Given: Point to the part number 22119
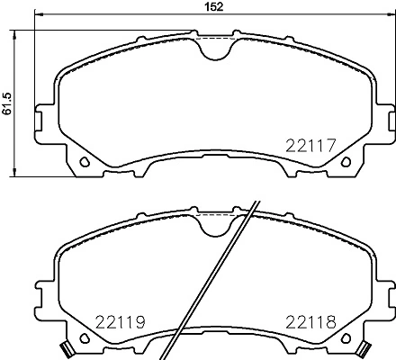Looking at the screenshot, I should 120,321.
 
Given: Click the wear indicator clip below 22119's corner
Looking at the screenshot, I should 66,348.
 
